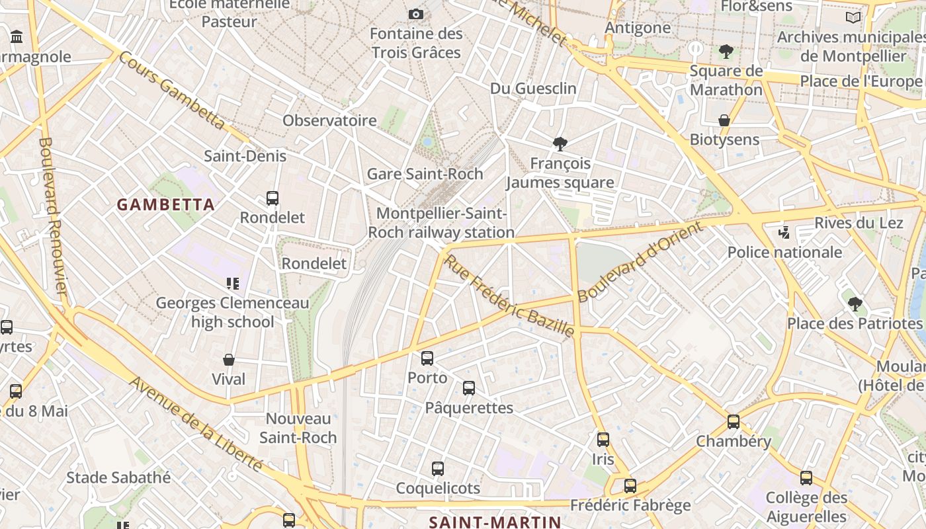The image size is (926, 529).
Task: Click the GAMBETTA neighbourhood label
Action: (x=166, y=205)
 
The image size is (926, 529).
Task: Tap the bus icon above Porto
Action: (x=427, y=358)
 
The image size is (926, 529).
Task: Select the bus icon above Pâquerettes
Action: (x=469, y=388)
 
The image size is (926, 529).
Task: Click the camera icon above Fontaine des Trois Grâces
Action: (x=416, y=14)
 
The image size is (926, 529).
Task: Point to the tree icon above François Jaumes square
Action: (x=560, y=143)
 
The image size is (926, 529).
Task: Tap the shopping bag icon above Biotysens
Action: (x=724, y=120)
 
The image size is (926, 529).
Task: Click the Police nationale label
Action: (x=784, y=252)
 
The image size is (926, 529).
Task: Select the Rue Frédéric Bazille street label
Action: (x=509, y=296)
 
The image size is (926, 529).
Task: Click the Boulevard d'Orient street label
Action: (x=639, y=262)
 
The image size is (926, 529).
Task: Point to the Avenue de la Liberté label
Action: (x=196, y=423)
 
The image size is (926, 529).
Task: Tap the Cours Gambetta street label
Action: (x=172, y=89)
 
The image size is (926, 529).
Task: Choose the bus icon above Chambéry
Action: (x=734, y=422)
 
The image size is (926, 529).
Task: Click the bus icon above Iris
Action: (x=603, y=440)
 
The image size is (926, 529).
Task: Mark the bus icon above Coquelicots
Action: (x=438, y=469)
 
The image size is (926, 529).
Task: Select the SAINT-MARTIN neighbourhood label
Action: (x=495, y=522)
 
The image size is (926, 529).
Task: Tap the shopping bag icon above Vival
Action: (x=229, y=360)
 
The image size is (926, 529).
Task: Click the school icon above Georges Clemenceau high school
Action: (x=232, y=284)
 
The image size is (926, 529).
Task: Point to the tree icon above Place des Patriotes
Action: (x=855, y=304)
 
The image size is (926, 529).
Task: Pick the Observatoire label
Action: (x=329, y=120)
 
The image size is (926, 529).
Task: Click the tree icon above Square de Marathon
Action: (x=726, y=51)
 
